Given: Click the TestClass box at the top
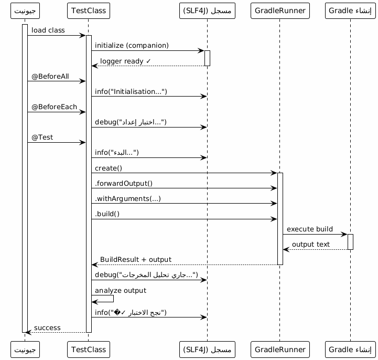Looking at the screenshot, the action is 89,11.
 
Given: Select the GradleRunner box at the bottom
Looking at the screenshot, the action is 280,350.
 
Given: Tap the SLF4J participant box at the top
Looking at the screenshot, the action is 207,11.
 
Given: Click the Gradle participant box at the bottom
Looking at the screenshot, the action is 350,350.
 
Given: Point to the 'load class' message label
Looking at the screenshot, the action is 48,30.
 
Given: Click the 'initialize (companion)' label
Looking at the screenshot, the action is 132,45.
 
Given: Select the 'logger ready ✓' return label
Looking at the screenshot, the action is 125,61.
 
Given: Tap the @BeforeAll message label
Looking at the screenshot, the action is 50,76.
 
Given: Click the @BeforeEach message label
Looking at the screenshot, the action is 54,107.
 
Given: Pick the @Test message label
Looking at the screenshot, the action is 42,137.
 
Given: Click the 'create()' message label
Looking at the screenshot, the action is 109,168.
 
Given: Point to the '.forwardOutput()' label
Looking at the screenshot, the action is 124,183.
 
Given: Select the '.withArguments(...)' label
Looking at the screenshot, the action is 128,198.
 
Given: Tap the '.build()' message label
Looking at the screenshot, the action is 107,214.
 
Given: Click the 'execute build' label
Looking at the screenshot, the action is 310,229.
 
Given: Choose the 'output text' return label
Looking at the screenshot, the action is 311,244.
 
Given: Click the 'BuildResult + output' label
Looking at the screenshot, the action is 136,259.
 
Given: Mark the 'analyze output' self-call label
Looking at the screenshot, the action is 121,290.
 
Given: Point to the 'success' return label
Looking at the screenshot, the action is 47,327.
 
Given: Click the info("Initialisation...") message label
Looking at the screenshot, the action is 131,91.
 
